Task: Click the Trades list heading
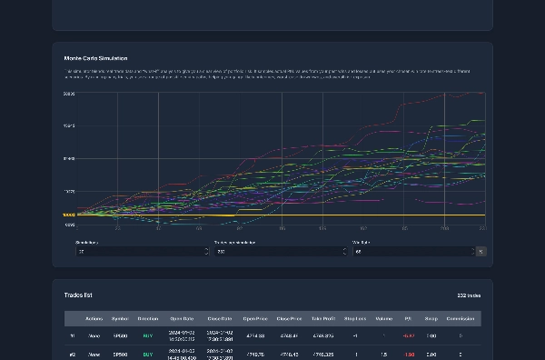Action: (x=78, y=295)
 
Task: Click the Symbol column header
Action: (x=120, y=319)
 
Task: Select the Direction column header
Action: (x=147, y=319)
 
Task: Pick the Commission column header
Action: (x=461, y=319)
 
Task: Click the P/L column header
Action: (x=409, y=319)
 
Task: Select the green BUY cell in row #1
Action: (x=147, y=335)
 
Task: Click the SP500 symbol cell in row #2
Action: (x=120, y=355)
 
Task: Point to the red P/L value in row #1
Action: (x=409, y=335)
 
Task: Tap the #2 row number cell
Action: (x=73, y=355)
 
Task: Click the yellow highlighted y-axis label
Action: (x=69, y=215)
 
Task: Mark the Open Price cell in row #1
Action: (x=255, y=335)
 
